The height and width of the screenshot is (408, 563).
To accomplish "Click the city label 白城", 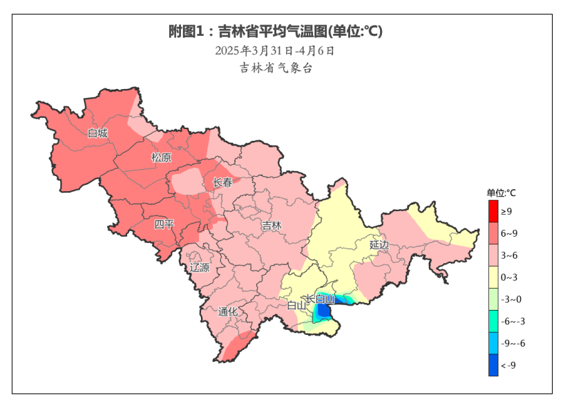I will click(x=97, y=133).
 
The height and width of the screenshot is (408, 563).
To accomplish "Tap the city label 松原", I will click(x=161, y=157).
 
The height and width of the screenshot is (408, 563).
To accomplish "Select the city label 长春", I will click(x=222, y=183).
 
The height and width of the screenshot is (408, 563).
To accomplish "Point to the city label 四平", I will click(x=164, y=224).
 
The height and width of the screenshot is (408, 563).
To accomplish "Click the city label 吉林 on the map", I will click(x=271, y=226).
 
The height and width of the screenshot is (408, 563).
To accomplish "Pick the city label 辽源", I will click(x=200, y=267).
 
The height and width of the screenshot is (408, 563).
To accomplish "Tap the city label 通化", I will click(x=228, y=311).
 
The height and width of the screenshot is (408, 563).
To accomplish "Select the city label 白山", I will click(x=296, y=305).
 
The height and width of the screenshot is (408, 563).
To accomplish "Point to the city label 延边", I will click(x=379, y=244).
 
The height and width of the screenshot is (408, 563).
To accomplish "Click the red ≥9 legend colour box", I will click(x=493, y=211).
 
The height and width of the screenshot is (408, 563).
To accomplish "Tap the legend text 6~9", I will click(x=509, y=233).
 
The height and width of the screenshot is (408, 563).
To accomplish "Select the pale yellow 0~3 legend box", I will click(x=493, y=278).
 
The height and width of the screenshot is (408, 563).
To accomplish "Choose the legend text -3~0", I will click(x=510, y=300).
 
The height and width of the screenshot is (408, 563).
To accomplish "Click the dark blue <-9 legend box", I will click(x=493, y=365).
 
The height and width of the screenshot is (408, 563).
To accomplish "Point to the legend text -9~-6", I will click(x=513, y=344).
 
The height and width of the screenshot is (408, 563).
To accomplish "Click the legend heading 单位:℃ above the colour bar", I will click(x=502, y=193).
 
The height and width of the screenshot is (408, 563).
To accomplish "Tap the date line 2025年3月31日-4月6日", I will click(x=275, y=50).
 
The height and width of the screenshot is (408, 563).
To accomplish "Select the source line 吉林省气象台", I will click(x=276, y=68).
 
